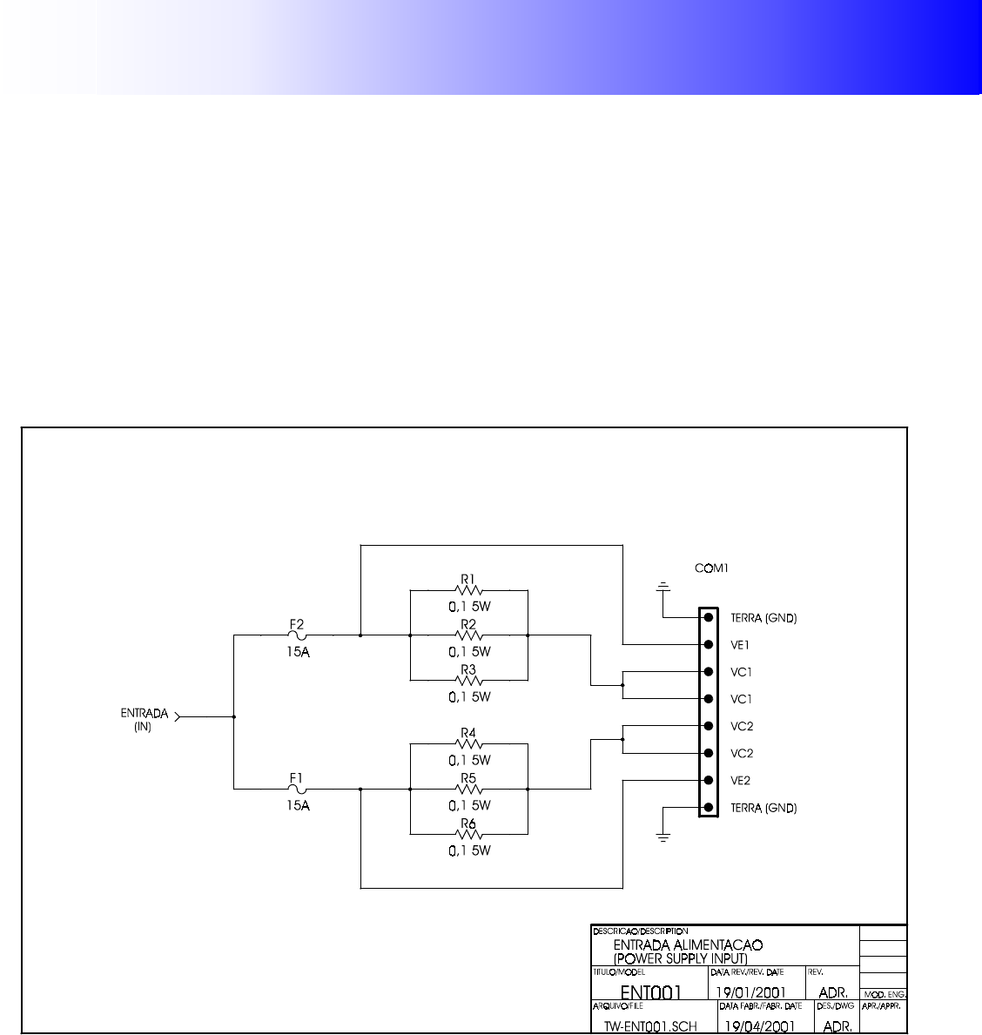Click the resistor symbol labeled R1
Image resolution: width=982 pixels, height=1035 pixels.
(x=468, y=589)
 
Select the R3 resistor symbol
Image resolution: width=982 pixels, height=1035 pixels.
(x=468, y=680)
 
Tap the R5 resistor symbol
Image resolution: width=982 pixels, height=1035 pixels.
(x=468, y=789)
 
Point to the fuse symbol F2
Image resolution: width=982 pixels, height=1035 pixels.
(x=297, y=635)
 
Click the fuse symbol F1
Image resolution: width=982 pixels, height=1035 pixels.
(x=297, y=789)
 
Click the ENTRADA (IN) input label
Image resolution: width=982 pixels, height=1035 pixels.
(x=144, y=719)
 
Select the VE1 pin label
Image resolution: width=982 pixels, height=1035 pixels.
(x=740, y=645)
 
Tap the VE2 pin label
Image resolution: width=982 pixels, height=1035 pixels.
(x=740, y=781)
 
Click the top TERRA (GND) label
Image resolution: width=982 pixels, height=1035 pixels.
(x=763, y=618)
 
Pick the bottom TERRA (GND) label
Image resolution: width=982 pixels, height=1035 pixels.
(x=763, y=808)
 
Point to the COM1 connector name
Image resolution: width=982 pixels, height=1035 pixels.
(x=711, y=568)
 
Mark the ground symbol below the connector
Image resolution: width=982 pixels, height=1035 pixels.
(x=663, y=837)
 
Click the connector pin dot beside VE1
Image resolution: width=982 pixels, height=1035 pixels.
(x=709, y=645)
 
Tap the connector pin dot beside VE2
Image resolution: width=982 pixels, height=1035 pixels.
(x=709, y=781)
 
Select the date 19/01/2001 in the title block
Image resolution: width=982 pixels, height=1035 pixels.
(x=750, y=992)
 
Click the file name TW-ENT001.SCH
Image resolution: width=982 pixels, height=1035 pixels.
(x=650, y=1026)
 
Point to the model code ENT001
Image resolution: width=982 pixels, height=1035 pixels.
(x=650, y=992)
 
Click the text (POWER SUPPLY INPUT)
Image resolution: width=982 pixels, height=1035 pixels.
(x=680, y=958)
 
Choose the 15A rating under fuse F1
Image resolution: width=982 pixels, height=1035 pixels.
(x=298, y=806)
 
